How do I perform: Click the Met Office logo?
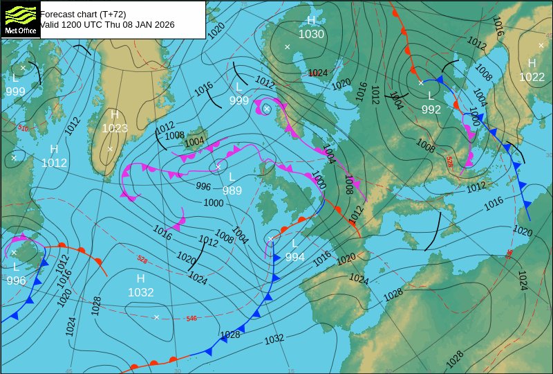19,19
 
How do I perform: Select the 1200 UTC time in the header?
77,24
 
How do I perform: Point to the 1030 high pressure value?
311,34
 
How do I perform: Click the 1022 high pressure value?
532,77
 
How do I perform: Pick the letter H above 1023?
115,114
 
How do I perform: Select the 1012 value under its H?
54,163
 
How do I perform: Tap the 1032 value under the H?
140,292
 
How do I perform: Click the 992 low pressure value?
431,109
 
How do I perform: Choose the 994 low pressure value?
294,257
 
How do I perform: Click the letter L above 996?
16,267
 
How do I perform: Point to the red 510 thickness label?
23,128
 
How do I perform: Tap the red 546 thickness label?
191,319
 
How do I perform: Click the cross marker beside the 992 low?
420,83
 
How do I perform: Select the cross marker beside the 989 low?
218,166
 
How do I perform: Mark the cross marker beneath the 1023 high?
110,148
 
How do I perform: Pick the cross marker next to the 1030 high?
287,47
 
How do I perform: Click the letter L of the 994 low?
294,243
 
